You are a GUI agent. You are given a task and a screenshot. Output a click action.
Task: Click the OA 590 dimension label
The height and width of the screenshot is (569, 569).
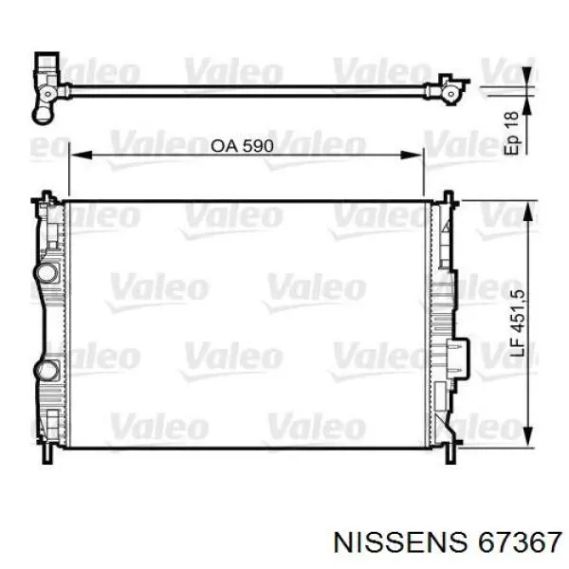(242, 145)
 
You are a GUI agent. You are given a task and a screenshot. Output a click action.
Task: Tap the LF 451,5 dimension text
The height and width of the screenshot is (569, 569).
(518, 322)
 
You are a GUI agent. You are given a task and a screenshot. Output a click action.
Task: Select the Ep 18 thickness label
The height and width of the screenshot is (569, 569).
(512, 133)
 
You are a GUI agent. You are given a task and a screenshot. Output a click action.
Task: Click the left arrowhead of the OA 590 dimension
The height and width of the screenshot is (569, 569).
(81, 156)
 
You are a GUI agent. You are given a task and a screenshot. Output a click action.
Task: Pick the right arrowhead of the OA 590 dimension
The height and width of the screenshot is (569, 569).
(412, 156)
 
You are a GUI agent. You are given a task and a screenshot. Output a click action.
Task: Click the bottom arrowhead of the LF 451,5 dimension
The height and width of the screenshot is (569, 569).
(527, 436)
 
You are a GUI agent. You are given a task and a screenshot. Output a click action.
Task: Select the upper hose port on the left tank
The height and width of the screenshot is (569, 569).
(46, 272)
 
